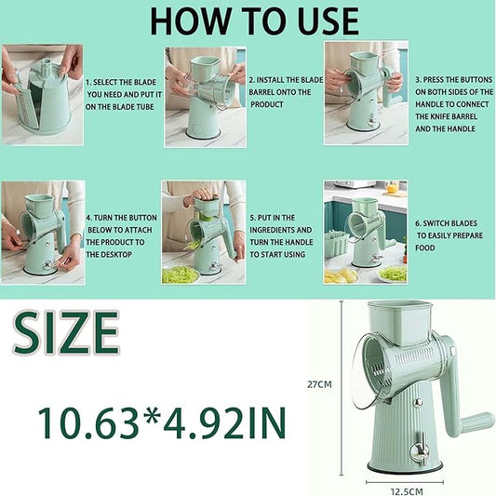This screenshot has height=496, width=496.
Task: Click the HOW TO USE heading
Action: (254, 20)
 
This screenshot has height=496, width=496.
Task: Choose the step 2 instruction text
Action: (281, 92)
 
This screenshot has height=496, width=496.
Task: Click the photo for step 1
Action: (42, 94)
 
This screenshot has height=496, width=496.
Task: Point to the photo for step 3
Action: (365, 92)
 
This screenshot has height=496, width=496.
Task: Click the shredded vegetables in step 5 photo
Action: (180, 274)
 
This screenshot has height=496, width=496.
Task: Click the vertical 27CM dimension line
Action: (341, 382)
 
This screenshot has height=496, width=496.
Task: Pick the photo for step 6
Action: (365, 233)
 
